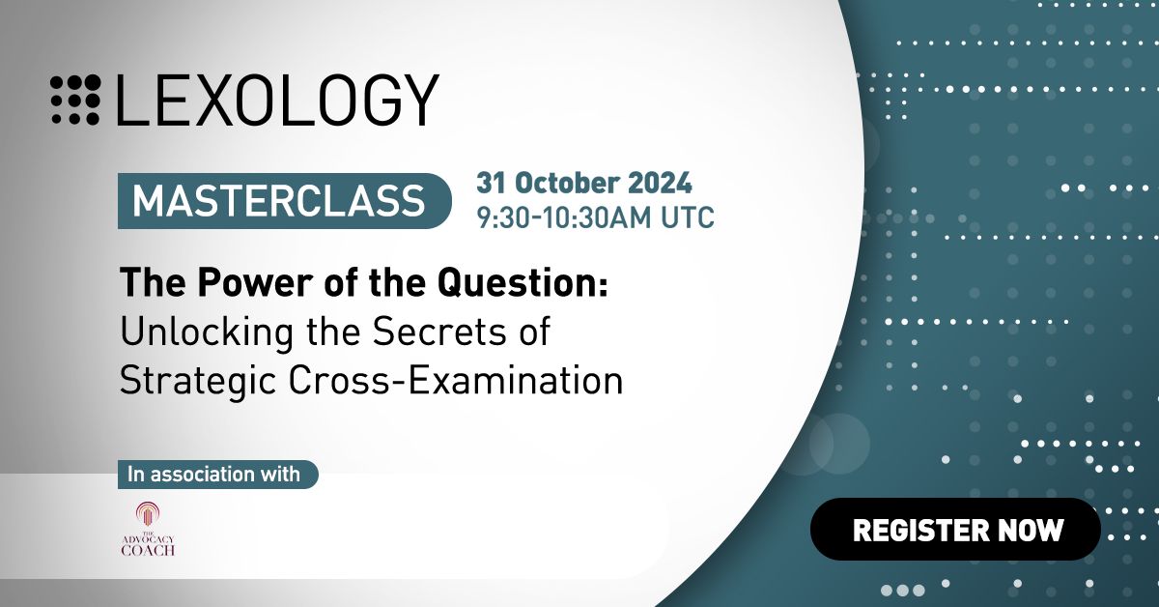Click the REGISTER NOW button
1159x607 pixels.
click(x=955, y=529)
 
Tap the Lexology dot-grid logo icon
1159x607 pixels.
click(x=75, y=100)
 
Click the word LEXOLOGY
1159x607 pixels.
click(x=278, y=100)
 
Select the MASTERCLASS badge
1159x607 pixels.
click(x=285, y=201)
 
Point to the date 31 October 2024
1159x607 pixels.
click(x=583, y=183)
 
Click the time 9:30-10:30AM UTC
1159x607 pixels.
click(x=595, y=217)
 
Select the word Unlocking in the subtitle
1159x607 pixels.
click(x=207, y=332)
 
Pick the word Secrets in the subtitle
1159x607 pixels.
click(x=438, y=332)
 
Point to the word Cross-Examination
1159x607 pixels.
click(x=455, y=381)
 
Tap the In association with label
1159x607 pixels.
click(x=218, y=475)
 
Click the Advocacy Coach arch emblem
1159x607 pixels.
click(x=148, y=514)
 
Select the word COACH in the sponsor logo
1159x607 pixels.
click(x=148, y=550)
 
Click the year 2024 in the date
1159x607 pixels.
click(x=660, y=183)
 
